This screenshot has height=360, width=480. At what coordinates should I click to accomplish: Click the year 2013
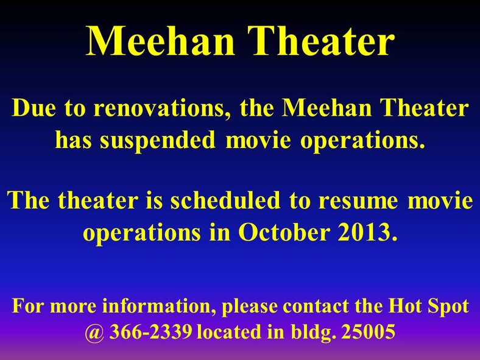pos(365,231)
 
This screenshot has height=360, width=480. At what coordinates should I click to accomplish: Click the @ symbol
pos(95,332)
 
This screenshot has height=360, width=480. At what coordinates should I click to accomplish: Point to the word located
pos(229,332)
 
